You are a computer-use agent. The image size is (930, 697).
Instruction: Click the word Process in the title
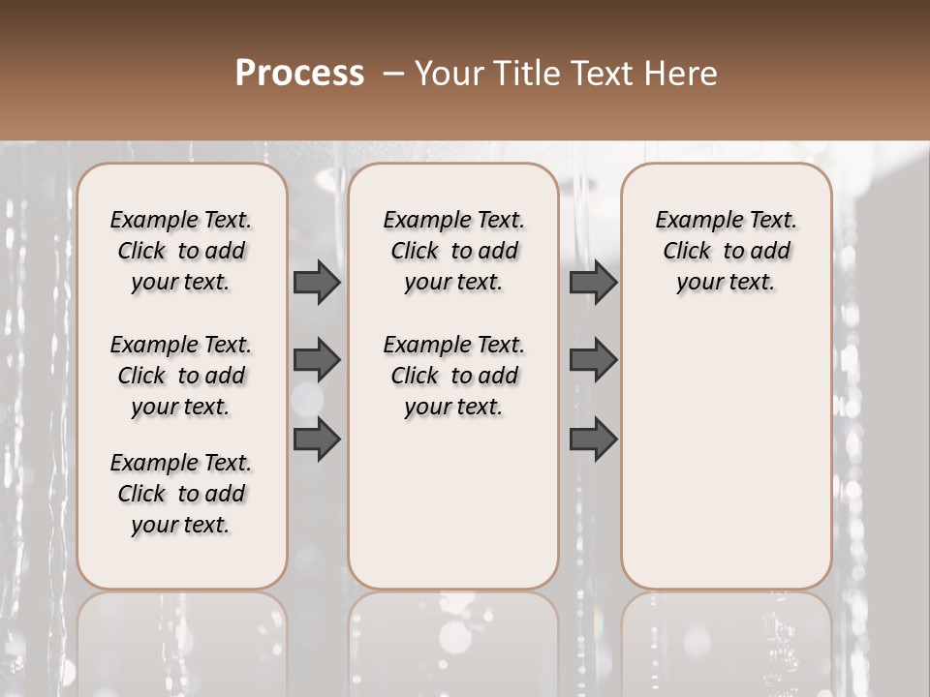(x=299, y=74)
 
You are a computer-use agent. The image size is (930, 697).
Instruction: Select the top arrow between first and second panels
(x=317, y=282)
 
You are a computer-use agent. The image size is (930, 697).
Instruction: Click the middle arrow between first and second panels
(x=317, y=361)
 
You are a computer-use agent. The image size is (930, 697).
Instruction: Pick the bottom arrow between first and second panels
(x=317, y=439)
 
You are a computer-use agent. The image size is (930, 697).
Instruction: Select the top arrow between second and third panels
(x=593, y=282)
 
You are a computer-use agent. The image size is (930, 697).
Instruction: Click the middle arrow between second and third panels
(x=593, y=361)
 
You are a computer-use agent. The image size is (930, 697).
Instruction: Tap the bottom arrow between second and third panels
(x=593, y=439)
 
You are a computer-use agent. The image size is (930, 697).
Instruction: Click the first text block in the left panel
(x=181, y=251)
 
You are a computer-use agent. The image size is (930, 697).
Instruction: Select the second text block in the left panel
(x=181, y=376)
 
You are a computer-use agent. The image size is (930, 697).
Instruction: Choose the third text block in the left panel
(x=181, y=494)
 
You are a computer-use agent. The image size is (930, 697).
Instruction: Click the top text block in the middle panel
(x=454, y=251)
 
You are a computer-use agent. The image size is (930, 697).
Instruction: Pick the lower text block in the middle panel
(x=454, y=376)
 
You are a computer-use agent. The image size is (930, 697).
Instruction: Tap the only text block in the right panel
(x=727, y=251)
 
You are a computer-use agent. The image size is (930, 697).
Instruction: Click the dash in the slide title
(x=393, y=74)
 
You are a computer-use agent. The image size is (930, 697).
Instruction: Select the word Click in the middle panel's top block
(x=415, y=252)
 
